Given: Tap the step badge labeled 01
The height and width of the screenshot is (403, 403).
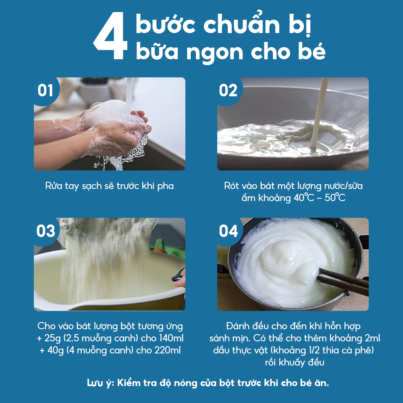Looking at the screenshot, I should coord(45,91).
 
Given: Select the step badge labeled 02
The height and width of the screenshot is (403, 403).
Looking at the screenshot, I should coord(228,91).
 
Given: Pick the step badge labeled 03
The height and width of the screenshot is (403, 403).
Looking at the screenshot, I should coord(46,231).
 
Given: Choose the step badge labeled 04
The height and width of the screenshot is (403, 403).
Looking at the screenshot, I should coord(229,231).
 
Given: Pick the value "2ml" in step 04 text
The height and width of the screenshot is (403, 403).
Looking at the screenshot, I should coord(371,338).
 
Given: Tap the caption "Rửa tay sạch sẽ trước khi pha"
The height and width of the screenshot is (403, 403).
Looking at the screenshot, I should coord(109,186).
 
